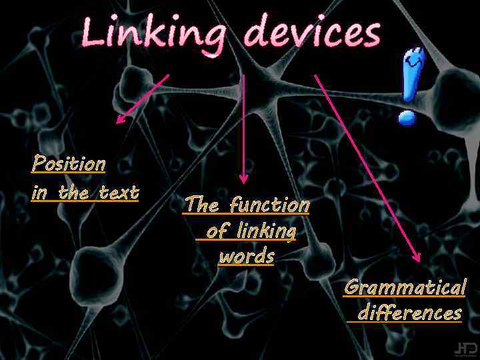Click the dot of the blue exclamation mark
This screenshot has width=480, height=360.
(407, 118)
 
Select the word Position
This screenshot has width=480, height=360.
(69, 163)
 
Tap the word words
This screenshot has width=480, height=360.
(247, 257)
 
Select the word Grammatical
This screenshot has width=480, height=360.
(405, 288)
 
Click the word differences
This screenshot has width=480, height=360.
(409, 313)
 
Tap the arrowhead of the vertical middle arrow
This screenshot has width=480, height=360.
(243, 179)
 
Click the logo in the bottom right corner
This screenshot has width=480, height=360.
(465, 348)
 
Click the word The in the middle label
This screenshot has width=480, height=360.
(199, 204)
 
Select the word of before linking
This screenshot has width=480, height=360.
(216, 231)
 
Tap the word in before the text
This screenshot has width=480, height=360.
(40, 193)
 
